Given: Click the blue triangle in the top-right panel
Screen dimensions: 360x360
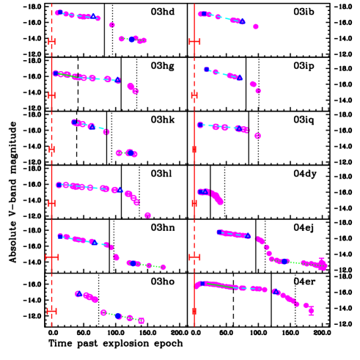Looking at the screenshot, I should coord(242,22).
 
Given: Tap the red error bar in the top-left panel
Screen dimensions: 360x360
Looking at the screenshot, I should coord(52,42).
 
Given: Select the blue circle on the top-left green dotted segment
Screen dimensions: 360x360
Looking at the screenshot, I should coord(132,40).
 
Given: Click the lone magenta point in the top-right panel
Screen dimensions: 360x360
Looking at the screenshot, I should coord(256,26).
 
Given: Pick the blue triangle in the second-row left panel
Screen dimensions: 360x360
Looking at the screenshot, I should coord(117,81).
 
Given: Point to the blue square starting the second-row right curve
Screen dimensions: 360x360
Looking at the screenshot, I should coord(206,70).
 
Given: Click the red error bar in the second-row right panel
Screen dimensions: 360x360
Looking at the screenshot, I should coord(194,95).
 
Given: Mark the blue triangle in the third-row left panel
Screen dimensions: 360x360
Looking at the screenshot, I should coord(92,127).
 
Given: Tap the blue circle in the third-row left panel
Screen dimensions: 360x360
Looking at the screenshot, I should coord(130,153).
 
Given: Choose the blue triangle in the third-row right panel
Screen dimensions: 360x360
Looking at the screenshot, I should coord(238,128).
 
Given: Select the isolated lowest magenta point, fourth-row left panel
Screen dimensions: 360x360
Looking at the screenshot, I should coord(147,215).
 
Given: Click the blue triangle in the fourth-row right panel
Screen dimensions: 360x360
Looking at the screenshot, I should coord(205,191).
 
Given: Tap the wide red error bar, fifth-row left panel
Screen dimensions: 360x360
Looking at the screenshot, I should coord(52,257).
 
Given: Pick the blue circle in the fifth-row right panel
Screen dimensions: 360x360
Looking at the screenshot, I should coord(285,261).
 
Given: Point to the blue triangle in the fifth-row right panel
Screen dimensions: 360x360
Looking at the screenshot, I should coord(248,236).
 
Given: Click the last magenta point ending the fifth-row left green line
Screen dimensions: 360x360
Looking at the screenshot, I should coord(163,267).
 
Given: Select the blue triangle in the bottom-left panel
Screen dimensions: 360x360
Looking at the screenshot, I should coord(78,294).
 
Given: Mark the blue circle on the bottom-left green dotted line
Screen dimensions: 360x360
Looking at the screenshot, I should coord(118,316).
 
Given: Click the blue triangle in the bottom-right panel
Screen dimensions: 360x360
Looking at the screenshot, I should coord(276,291).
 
